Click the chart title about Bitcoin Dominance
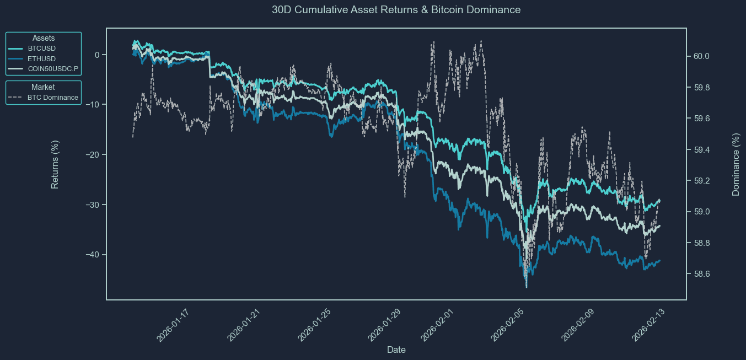pos(396,10)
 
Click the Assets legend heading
pos(44,38)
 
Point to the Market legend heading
pos(44,87)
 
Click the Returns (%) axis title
pos(55,164)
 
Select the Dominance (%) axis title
pos(736,164)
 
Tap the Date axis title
pos(396,350)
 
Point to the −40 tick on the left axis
pos(92,255)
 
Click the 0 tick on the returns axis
pos(97,55)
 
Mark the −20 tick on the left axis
pos(92,155)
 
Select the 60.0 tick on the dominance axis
pos(701,56)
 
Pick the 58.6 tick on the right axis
pos(701,274)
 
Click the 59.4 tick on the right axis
pos(701,150)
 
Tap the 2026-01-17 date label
pos(173,325)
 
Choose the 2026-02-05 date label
pos(507,325)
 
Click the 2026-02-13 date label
pos(648,325)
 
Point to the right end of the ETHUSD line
pos(660,260)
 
